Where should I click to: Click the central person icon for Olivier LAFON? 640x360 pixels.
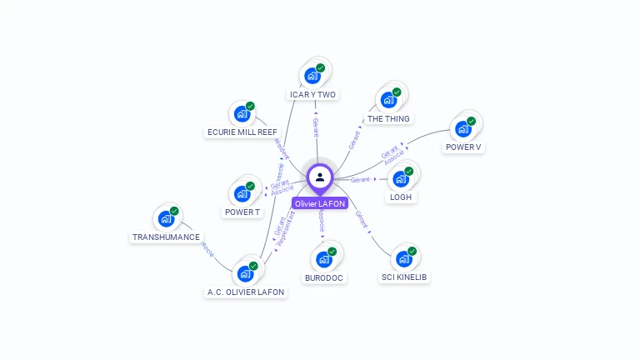[320, 177]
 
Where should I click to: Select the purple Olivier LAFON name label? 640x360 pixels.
[320, 203]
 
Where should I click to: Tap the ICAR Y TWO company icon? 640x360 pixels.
[313, 76]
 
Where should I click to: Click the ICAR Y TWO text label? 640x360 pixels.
[312, 95]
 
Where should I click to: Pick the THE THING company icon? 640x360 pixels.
[388, 100]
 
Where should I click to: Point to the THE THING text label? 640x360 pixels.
[388, 119]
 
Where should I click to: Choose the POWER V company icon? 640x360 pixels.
[463, 129]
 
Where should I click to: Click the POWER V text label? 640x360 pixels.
[463, 147]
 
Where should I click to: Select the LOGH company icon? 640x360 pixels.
[401, 179]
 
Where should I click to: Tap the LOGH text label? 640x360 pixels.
[401, 197]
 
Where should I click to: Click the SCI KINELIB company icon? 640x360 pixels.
[405, 259]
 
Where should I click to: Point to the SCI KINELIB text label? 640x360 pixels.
[406, 277]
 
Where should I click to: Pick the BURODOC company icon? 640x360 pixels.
[324, 259]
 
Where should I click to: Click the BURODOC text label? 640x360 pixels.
[324, 277]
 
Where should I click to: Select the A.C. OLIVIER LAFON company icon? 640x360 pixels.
[246, 273]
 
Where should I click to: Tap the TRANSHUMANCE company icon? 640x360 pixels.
[167, 219]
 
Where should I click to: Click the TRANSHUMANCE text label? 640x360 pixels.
[167, 237]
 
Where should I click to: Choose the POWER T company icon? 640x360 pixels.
[242, 193]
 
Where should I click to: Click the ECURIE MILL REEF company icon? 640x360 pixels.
[242, 113]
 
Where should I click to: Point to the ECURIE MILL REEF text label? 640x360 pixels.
[242, 132]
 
